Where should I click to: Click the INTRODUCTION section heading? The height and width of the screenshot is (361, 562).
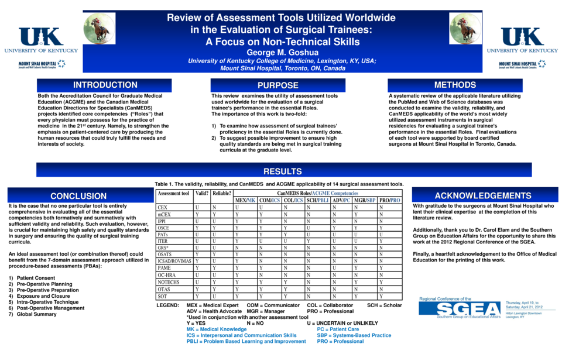click(105, 85)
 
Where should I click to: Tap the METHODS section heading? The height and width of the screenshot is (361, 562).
click(455, 85)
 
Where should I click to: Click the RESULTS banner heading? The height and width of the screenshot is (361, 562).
click(283, 171)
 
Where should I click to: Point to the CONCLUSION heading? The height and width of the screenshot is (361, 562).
click(78, 197)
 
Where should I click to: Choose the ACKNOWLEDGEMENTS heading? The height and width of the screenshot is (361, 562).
click(483, 196)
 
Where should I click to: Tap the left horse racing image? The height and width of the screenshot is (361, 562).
click(100, 29)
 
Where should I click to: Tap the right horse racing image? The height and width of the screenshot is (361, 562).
click(465, 29)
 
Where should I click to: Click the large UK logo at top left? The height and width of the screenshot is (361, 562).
click(41, 37)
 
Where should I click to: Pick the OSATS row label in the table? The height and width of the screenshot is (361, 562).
click(165, 254)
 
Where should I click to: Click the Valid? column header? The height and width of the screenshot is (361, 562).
click(202, 193)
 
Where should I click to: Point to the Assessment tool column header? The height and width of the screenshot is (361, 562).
click(173, 193)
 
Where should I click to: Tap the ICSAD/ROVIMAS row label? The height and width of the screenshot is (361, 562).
click(174, 261)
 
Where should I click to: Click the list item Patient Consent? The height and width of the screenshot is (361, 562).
click(36, 278)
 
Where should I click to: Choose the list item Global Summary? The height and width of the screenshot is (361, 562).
click(36, 315)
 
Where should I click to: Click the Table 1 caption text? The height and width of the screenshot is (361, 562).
click(279, 184)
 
